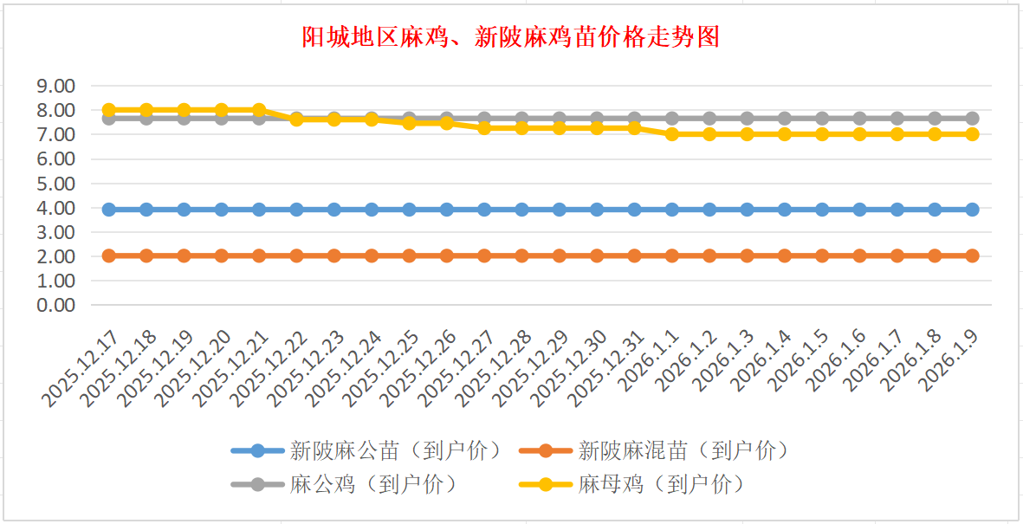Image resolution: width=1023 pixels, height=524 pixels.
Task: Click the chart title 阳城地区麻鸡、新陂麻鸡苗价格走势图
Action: [x=511, y=37]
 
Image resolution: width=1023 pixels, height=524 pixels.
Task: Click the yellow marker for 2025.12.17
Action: [x=109, y=110]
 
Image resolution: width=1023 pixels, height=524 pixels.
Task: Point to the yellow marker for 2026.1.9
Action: [x=972, y=134]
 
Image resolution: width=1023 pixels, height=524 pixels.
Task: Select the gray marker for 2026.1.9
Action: [x=972, y=119]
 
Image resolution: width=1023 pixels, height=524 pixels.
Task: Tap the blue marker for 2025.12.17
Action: [x=109, y=210]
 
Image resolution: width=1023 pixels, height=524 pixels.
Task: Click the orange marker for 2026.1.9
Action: [x=972, y=256]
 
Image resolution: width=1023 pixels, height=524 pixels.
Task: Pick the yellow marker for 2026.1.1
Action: [x=672, y=134]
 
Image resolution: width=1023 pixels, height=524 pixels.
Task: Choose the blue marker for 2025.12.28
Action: [x=521, y=210]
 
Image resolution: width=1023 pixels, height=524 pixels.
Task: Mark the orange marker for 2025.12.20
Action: [x=222, y=256]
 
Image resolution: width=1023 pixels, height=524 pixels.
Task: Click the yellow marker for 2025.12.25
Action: [x=409, y=123]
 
